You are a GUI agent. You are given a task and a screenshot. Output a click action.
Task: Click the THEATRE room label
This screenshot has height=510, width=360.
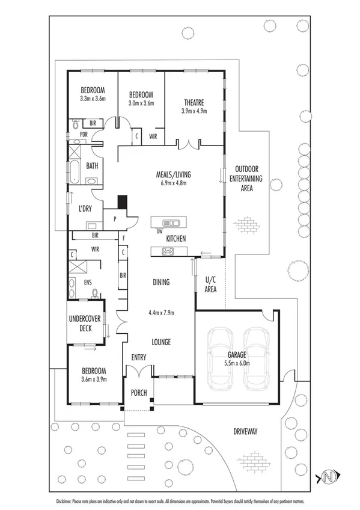pos(194,102)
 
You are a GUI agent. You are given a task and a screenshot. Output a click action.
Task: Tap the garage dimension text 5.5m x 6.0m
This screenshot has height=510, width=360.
pos(237,363)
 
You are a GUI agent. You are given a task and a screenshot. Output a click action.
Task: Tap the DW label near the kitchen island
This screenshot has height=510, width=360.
pos(159,231)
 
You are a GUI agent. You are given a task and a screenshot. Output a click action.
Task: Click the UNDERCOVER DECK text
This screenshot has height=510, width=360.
pos(84,324)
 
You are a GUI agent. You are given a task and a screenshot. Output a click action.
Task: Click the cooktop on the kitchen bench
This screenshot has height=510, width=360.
pos(168,251)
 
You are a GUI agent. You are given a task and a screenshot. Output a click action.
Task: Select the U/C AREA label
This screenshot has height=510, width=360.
pos(210,284)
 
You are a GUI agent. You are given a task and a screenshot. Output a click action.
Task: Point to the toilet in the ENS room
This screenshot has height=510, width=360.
pos(94,293)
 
